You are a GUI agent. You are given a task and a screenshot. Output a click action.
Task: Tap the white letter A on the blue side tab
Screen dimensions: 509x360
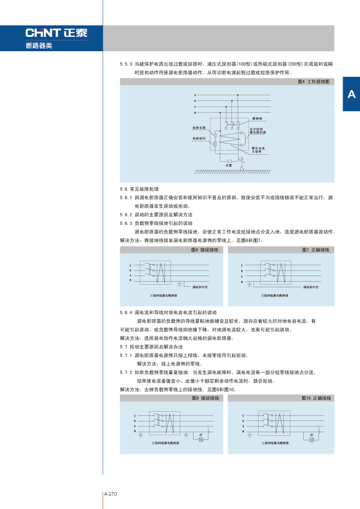pos(351,94)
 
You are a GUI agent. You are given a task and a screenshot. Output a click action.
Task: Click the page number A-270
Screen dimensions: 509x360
pos(111,494)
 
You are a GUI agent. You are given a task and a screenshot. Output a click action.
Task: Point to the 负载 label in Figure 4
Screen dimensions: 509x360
pos(229,165)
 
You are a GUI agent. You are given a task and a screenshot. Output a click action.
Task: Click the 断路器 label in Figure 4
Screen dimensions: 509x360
pos(257,118)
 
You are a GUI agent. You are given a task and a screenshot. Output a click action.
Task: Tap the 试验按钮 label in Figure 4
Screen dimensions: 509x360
pos(199,138)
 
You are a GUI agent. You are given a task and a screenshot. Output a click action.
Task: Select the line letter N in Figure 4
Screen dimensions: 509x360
pos(195,112)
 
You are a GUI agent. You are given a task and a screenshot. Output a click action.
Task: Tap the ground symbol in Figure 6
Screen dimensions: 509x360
pos(179,283)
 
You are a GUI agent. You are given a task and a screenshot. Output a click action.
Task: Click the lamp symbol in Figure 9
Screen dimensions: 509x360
pos(201,439)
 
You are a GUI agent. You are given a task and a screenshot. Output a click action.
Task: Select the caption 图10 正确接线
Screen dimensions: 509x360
pos(316,398)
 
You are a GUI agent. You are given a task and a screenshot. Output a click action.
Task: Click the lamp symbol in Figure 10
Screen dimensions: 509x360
pos(311,439)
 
